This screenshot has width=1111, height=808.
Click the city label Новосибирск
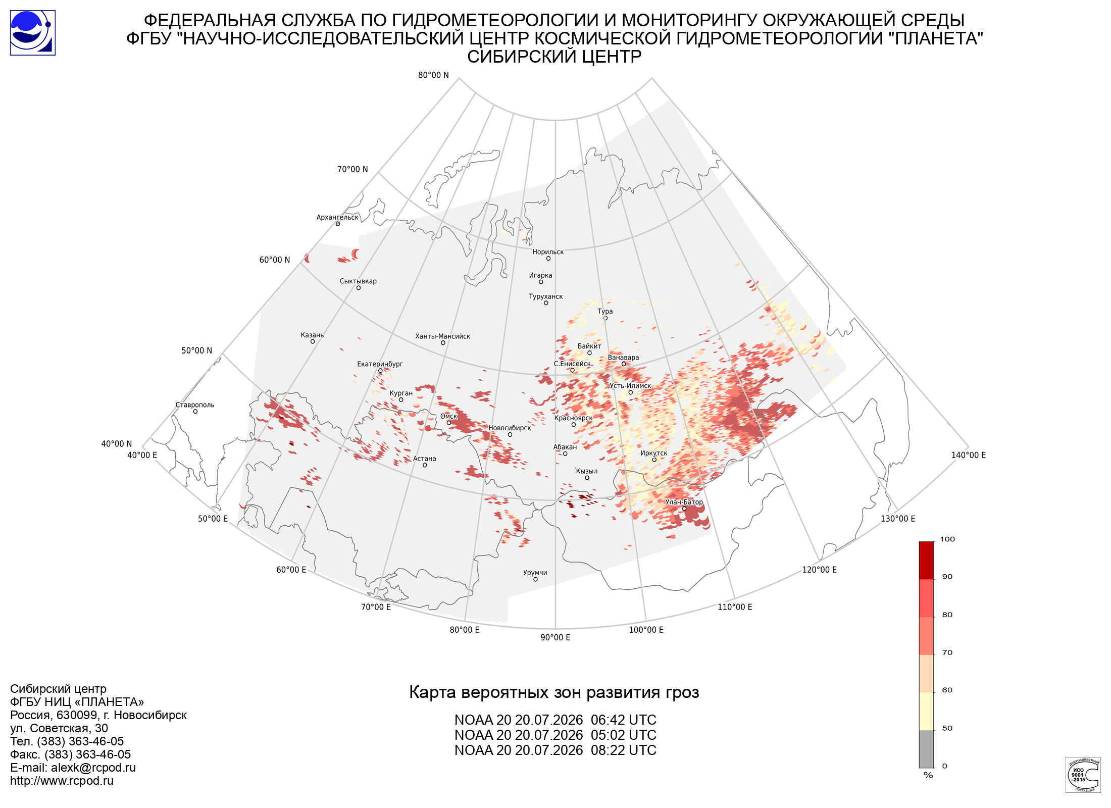click(510, 428)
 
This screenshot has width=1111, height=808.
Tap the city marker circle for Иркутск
click(654, 460)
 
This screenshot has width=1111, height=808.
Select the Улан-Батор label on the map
click(684, 502)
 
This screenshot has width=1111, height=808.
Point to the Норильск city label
click(548, 252)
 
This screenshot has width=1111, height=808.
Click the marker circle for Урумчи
click(535, 579)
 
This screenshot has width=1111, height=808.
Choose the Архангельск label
click(337, 218)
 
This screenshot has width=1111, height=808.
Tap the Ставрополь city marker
click(195, 412)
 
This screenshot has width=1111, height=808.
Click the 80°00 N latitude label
click(433, 75)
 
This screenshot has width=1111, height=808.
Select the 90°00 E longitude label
click(555, 637)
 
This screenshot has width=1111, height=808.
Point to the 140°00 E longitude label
click(969, 455)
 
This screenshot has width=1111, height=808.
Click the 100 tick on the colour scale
click(947, 539)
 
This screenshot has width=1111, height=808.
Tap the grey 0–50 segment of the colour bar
click(926, 749)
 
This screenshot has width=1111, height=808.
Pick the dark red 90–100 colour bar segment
click(926, 561)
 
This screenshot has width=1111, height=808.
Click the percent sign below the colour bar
click(928, 775)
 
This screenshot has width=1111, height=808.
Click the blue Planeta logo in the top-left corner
click(33, 33)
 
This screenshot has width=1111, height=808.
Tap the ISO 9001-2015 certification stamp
click(1083, 775)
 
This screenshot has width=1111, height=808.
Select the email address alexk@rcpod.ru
click(93, 768)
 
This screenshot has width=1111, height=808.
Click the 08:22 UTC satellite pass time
click(624, 750)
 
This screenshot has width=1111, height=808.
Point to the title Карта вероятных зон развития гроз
click(554, 692)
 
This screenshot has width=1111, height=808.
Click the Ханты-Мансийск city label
click(442, 336)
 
